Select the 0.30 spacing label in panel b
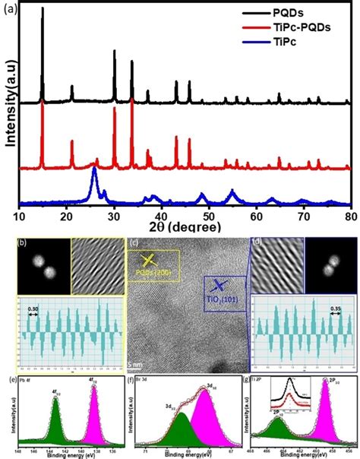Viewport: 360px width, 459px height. (x=33, y=309)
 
